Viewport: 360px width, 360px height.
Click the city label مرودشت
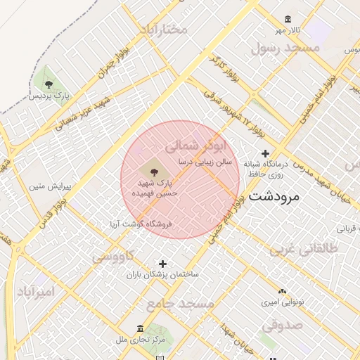coord(274,195)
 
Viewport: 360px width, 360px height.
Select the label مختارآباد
coord(164,30)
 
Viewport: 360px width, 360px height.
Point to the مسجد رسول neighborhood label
coord(285,48)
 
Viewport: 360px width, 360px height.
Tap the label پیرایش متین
coord(46,186)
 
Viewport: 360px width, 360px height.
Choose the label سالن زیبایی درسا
coord(204,161)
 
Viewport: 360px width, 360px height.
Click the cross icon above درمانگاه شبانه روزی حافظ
coord(265,153)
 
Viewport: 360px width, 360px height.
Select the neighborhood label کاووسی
coord(113,256)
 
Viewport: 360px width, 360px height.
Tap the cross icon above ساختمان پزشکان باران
coord(163,262)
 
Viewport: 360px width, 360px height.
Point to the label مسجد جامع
coord(180,303)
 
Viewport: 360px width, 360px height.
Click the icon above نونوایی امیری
coord(282,290)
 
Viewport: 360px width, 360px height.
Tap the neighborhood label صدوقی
coord(282,326)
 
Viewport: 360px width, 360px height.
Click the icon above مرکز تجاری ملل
coord(141,328)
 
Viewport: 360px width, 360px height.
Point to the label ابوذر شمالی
coord(197,146)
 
